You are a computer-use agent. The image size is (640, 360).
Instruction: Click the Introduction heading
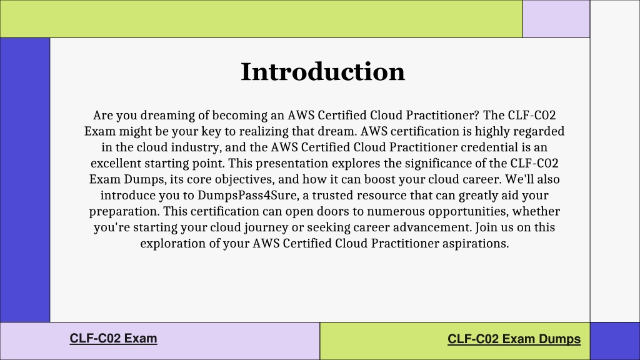(x=323, y=72)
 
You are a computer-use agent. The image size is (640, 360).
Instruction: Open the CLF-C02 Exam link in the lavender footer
(x=114, y=338)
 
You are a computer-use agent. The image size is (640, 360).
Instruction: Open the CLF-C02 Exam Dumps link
(x=514, y=339)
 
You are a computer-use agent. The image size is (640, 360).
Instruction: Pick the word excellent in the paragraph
(x=116, y=163)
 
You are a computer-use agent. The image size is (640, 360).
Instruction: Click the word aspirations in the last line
(x=476, y=243)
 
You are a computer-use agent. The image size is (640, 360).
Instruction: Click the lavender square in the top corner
(x=556, y=19)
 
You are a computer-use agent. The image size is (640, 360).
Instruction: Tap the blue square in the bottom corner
(x=615, y=341)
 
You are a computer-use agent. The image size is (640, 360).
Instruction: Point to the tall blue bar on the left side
(x=25, y=180)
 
